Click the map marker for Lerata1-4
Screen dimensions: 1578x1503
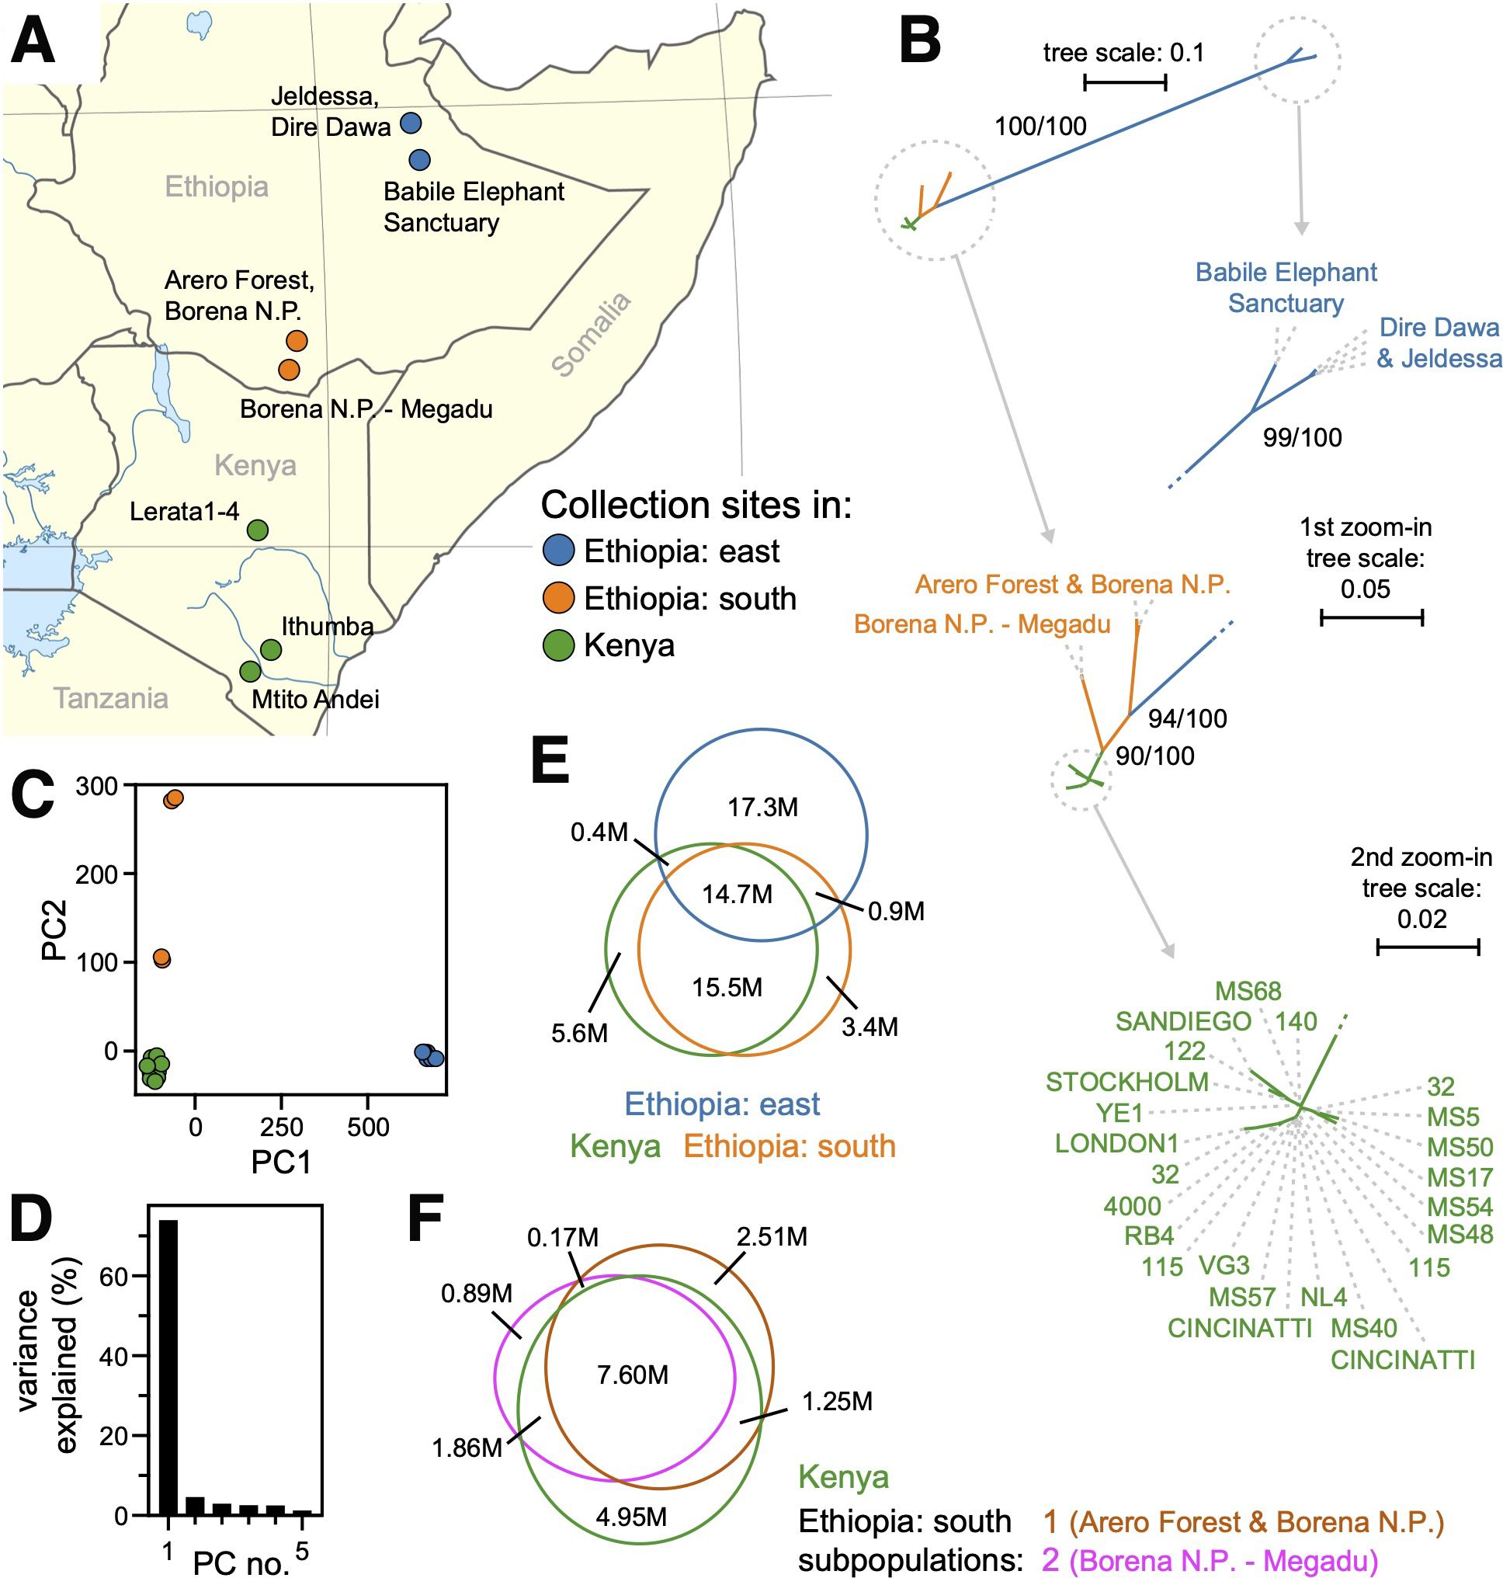pos(256,530)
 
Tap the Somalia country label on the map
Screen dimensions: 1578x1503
pos(592,335)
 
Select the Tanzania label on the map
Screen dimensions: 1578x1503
pos(110,698)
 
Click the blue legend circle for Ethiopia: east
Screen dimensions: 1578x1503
pos(558,551)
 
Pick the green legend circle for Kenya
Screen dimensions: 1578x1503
pos(558,645)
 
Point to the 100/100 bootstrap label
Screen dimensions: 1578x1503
pos(1040,126)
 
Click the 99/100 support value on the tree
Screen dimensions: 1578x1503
pos(1302,436)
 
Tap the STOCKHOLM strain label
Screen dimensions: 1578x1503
pos(1126,1082)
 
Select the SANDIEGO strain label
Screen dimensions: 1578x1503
pos(1182,1021)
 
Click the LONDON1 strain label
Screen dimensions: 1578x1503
pos(1116,1144)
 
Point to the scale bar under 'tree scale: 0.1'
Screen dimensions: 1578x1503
pos(1125,82)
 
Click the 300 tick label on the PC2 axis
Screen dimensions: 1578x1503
pos(97,786)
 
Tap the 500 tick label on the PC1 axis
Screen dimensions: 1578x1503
pos(368,1128)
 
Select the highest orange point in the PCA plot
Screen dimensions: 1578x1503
pos(173,798)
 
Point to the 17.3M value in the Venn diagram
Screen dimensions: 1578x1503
pos(762,807)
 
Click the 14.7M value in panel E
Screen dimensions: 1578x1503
pos(737,894)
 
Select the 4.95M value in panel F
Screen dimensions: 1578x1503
pos(631,1517)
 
